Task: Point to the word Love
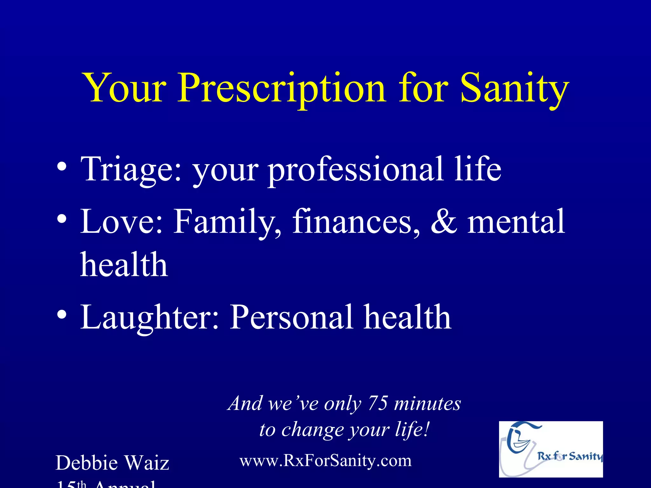121,221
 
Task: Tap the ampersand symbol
444,221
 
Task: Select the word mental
516,221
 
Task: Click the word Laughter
149,317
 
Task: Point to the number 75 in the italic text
378,403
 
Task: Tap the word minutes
427,403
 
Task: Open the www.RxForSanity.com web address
325,461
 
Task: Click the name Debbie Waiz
112,463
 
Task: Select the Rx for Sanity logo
551,449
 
